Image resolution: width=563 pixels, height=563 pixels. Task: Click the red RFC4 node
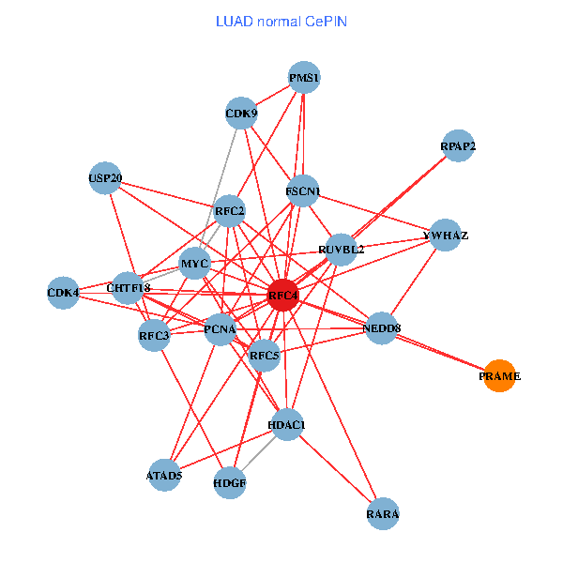(282, 296)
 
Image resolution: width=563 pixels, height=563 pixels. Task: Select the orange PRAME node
(499, 376)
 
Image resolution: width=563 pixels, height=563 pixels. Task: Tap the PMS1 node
(304, 78)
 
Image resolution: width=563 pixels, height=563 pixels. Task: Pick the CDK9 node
(241, 114)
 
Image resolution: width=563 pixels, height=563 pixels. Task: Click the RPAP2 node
(458, 146)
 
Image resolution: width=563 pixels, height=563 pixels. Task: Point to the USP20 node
(105, 177)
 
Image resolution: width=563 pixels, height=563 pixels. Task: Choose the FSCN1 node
(303, 191)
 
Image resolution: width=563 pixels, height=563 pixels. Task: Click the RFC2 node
(230, 211)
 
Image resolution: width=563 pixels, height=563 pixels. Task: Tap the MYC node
(194, 264)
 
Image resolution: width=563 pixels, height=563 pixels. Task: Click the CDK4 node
(63, 293)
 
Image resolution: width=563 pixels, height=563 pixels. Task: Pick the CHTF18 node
(128, 287)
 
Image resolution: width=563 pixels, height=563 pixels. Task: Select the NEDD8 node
(382, 327)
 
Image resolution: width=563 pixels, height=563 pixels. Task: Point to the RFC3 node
(154, 335)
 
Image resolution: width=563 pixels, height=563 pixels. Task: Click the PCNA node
(220, 328)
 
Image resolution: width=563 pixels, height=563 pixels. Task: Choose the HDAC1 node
(287, 425)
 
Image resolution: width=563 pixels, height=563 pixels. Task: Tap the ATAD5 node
(164, 475)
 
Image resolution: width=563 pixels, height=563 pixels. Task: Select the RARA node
(383, 514)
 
